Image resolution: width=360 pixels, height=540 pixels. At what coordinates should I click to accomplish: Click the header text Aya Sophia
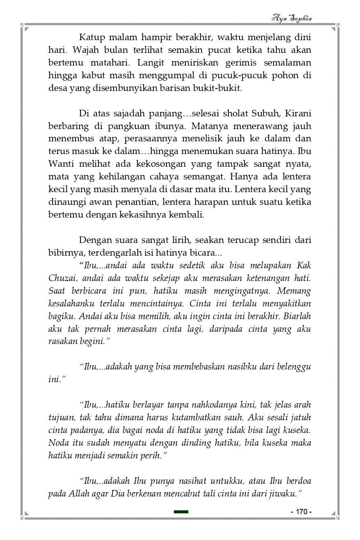tap(292, 18)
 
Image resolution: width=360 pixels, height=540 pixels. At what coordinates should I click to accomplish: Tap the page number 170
tap(301, 512)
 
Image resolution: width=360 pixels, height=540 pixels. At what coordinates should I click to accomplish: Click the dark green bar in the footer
tap(181, 512)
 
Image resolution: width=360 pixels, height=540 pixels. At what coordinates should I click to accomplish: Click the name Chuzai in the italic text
tap(62, 278)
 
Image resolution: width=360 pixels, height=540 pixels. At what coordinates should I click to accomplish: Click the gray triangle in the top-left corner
tap(26, 30)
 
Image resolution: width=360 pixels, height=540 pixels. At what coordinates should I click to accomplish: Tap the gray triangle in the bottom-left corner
tap(26, 513)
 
